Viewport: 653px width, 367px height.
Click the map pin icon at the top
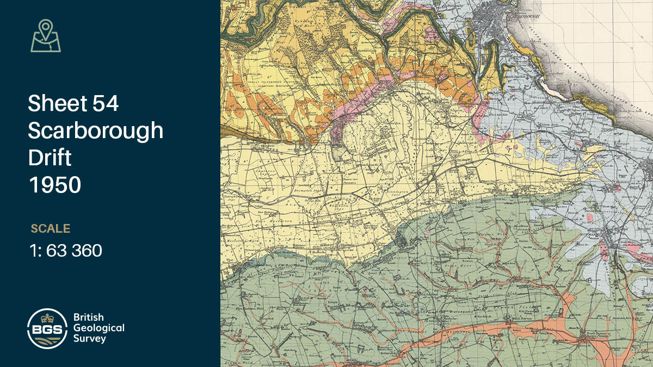[x=46, y=36]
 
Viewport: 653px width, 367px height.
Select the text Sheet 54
[x=73, y=103]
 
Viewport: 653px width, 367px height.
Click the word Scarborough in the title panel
[x=95, y=130]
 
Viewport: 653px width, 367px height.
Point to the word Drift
[x=50, y=158]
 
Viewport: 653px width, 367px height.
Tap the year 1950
[x=54, y=185]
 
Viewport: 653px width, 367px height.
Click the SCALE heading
[x=51, y=228]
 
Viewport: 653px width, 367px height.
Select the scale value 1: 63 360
[x=66, y=251]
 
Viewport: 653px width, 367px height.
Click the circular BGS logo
[x=47, y=328]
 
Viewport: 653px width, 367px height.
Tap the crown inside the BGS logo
[x=47, y=318]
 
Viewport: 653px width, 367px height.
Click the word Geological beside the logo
[x=99, y=328]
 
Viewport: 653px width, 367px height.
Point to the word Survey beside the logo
[x=90, y=338]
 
